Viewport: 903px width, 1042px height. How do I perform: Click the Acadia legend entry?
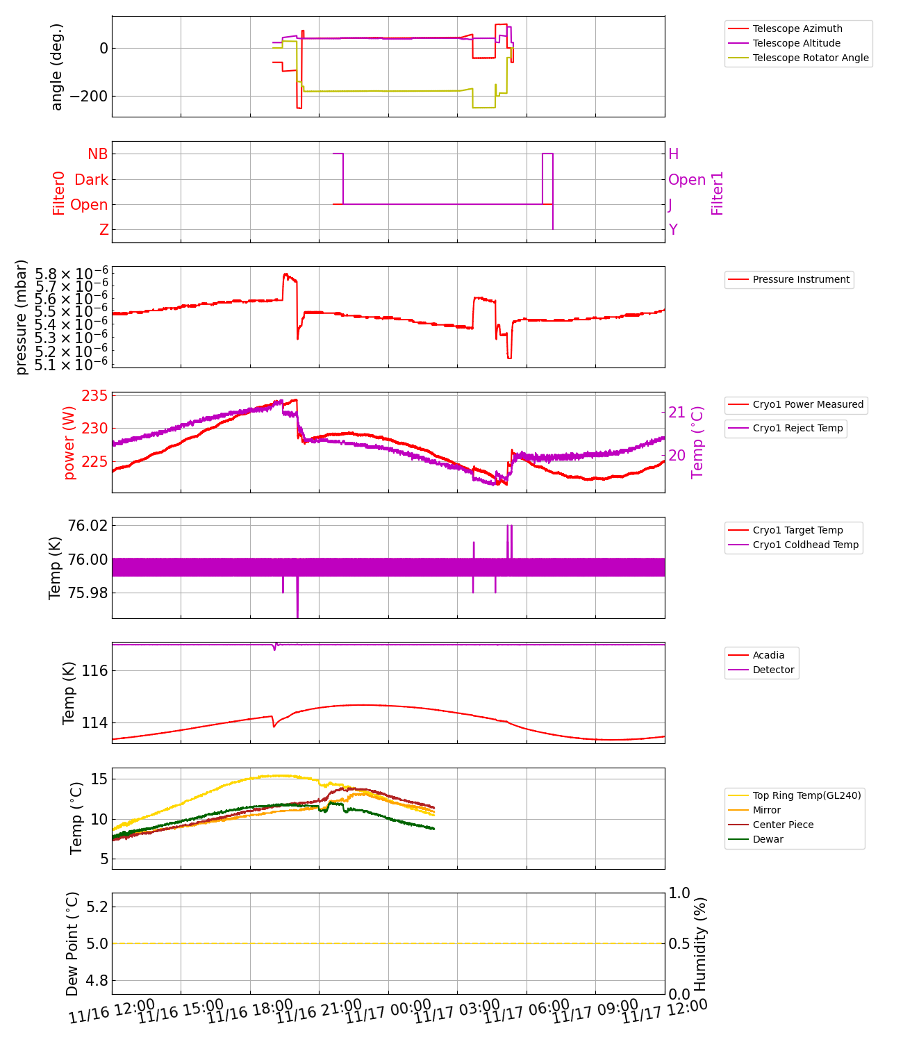click(x=768, y=655)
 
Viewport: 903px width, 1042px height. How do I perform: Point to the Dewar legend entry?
click(x=768, y=839)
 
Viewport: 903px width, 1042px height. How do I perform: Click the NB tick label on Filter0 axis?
click(x=97, y=154)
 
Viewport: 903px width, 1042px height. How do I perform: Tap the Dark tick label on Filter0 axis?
click(x=91, y=180)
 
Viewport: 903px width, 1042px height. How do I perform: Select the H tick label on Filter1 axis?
click(x=673, y=154)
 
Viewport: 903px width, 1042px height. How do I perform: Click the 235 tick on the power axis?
click(x=94, y=396)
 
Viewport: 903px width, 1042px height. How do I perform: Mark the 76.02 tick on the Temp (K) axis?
click(x=88, y=525)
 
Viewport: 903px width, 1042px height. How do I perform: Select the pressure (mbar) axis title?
click(x=22, y=317)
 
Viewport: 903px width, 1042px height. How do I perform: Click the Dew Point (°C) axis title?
click(x=73, y=943)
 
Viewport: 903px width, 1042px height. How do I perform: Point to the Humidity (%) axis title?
click(x=699, y=943)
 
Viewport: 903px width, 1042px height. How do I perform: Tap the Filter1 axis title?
click(x=718, y=193)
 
